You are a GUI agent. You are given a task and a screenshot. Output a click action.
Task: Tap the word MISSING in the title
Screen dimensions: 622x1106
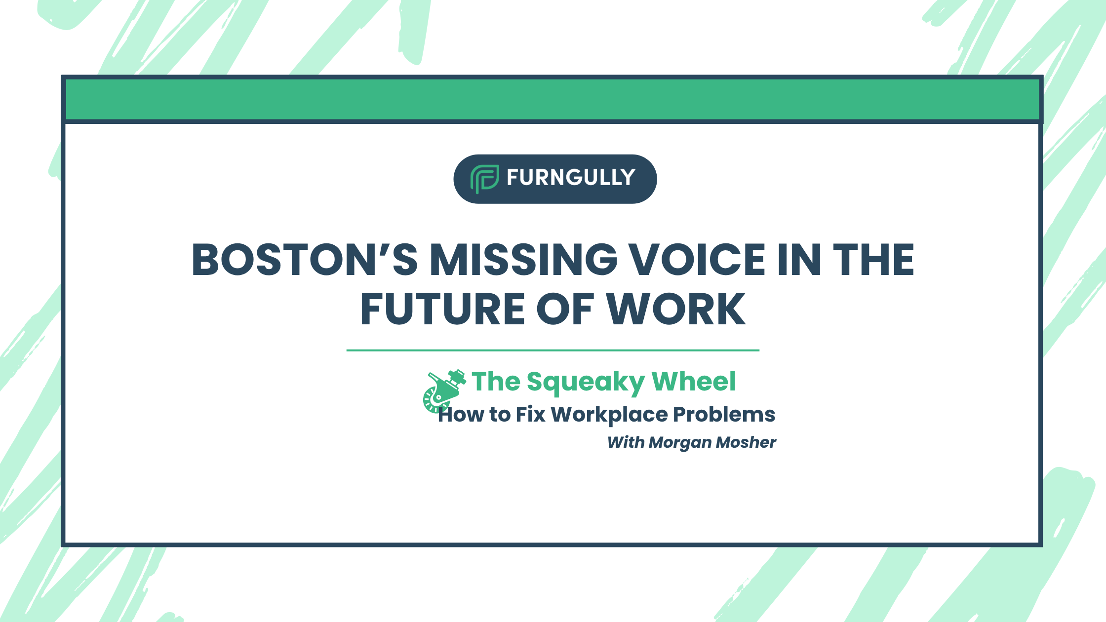[x=523, y=260]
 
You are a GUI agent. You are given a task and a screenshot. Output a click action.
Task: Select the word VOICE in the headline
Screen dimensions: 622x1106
[x=697, y=260]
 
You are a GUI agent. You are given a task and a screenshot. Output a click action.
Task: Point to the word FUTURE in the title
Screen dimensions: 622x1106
[x=442, y=310]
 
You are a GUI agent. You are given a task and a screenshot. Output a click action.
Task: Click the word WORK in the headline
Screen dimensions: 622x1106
[x=676, y=310]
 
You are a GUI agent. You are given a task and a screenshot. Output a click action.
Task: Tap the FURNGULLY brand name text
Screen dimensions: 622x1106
[x=571, y=178]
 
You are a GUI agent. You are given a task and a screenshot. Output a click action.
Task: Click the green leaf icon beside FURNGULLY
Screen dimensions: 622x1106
[x=484, y=178]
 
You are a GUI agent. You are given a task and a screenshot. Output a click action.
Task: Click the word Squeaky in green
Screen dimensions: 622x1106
[x=586, y=382]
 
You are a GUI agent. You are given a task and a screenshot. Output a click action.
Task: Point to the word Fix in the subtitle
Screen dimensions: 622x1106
[x=530, y=415]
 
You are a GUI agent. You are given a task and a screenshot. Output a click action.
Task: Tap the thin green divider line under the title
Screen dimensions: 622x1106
[x=553, y=350]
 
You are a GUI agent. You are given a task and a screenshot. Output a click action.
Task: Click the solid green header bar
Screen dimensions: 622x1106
[x=553, y=99]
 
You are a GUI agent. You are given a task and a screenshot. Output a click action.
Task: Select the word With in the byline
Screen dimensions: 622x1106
[x=626, y=442]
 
